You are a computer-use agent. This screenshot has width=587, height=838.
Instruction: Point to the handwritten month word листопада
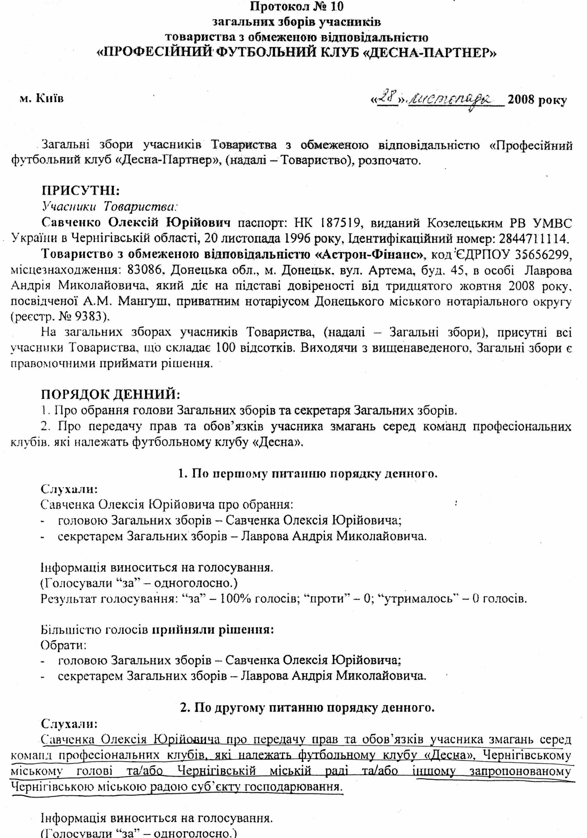point(454,100)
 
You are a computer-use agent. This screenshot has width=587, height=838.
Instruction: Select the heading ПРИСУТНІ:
point(80,191)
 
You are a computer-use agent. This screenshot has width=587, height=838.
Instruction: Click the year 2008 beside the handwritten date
point(523,100)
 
